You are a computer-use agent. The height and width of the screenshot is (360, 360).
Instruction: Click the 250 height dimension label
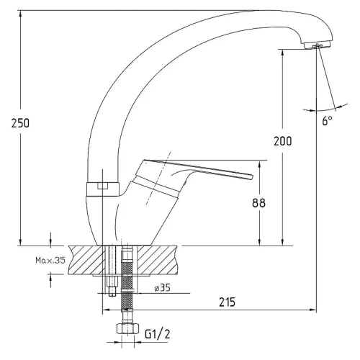(x=20, y=123)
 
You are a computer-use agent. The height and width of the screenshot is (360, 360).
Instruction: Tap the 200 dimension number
(x=283, y=141)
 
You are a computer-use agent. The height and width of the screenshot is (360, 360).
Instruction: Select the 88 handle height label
(x=259, y=203)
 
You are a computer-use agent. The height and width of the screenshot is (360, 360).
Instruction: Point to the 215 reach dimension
(x=227, y=302)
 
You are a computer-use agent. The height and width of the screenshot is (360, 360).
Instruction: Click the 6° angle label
(x=328, y=120)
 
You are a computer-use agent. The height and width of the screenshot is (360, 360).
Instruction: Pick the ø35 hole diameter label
(x=162, y=287)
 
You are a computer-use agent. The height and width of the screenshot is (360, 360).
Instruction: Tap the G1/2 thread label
(x=158, y=333)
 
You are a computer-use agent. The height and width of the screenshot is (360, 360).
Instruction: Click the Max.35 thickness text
(x=50, y=260)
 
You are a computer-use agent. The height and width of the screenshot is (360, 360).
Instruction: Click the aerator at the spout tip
(x=317, y=45)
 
